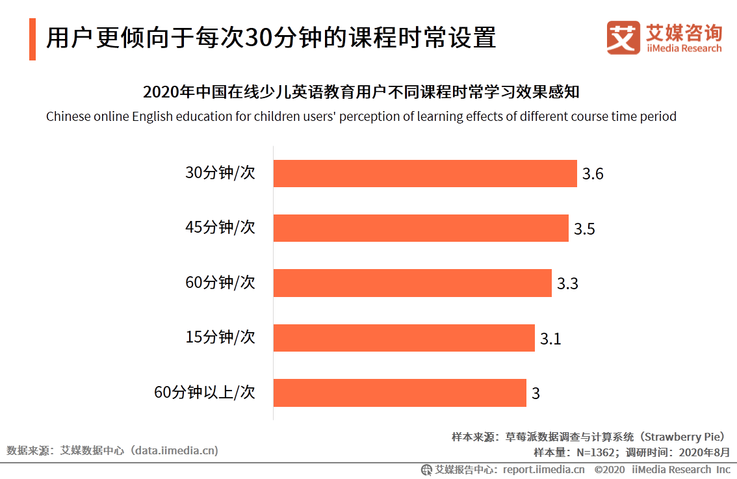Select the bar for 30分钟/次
425,174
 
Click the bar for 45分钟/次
420,228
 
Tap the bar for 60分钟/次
412,283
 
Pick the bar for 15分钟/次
404,337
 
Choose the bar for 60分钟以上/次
399,393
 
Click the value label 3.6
593,174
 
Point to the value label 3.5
584,229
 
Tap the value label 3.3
567,283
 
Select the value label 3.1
550,338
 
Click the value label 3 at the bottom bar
536,393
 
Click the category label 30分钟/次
220,174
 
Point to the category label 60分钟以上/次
205,393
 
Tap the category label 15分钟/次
220,337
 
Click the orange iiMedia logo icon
623,38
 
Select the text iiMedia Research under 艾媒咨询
684,48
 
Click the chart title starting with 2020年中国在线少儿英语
361,92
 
